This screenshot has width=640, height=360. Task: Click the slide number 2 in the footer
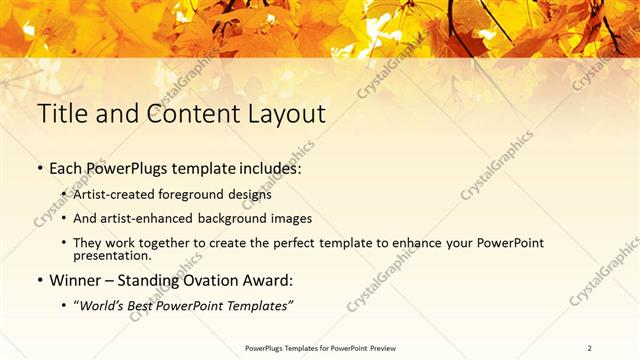590,347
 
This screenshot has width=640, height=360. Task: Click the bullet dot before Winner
41,281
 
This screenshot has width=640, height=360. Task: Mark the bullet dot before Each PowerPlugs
41,171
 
